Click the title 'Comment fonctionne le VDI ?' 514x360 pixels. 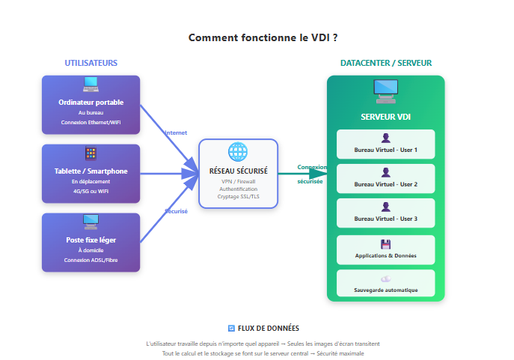tap(257, 37)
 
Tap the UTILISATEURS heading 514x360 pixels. tap(91, 63)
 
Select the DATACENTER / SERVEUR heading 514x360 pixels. tap(385, 63)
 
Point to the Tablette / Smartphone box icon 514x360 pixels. tap(91, 153)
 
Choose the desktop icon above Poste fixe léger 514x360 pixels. tap(91, 222)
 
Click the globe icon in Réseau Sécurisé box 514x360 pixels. tap(238, 152)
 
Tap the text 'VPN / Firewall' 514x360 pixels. tap(238, 181)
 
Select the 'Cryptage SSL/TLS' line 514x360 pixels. tap(238, 196)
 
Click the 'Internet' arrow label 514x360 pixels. tap(176, 132)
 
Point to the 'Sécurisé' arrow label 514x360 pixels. tap(176, 211)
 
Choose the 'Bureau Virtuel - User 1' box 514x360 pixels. tap(385, 144)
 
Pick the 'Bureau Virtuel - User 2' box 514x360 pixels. tap(385, 178)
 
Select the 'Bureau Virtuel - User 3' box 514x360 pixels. tap(385, 213)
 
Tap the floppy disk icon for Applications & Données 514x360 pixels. tap(386, 244)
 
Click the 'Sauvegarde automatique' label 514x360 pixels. tap(385, 290)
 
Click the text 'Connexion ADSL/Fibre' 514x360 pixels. tap(91, 260)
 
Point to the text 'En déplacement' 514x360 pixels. tap(91, 181)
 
